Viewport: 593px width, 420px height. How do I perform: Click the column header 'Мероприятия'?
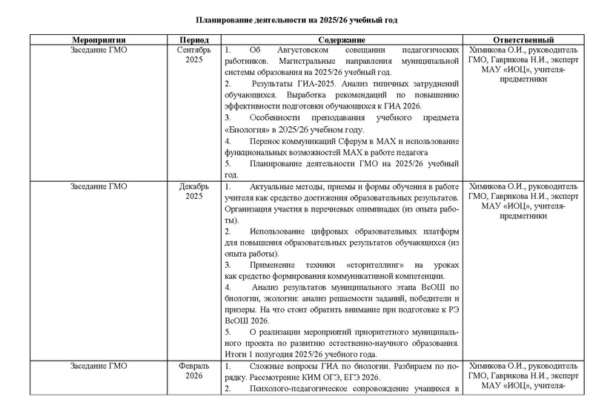click(98, 39)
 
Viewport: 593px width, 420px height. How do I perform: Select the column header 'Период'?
click(193, 39)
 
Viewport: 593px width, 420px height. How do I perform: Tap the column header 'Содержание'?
click(341, 39)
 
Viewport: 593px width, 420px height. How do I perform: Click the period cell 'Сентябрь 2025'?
click(193, 55)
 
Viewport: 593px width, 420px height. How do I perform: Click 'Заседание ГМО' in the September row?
click(98, 50)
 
